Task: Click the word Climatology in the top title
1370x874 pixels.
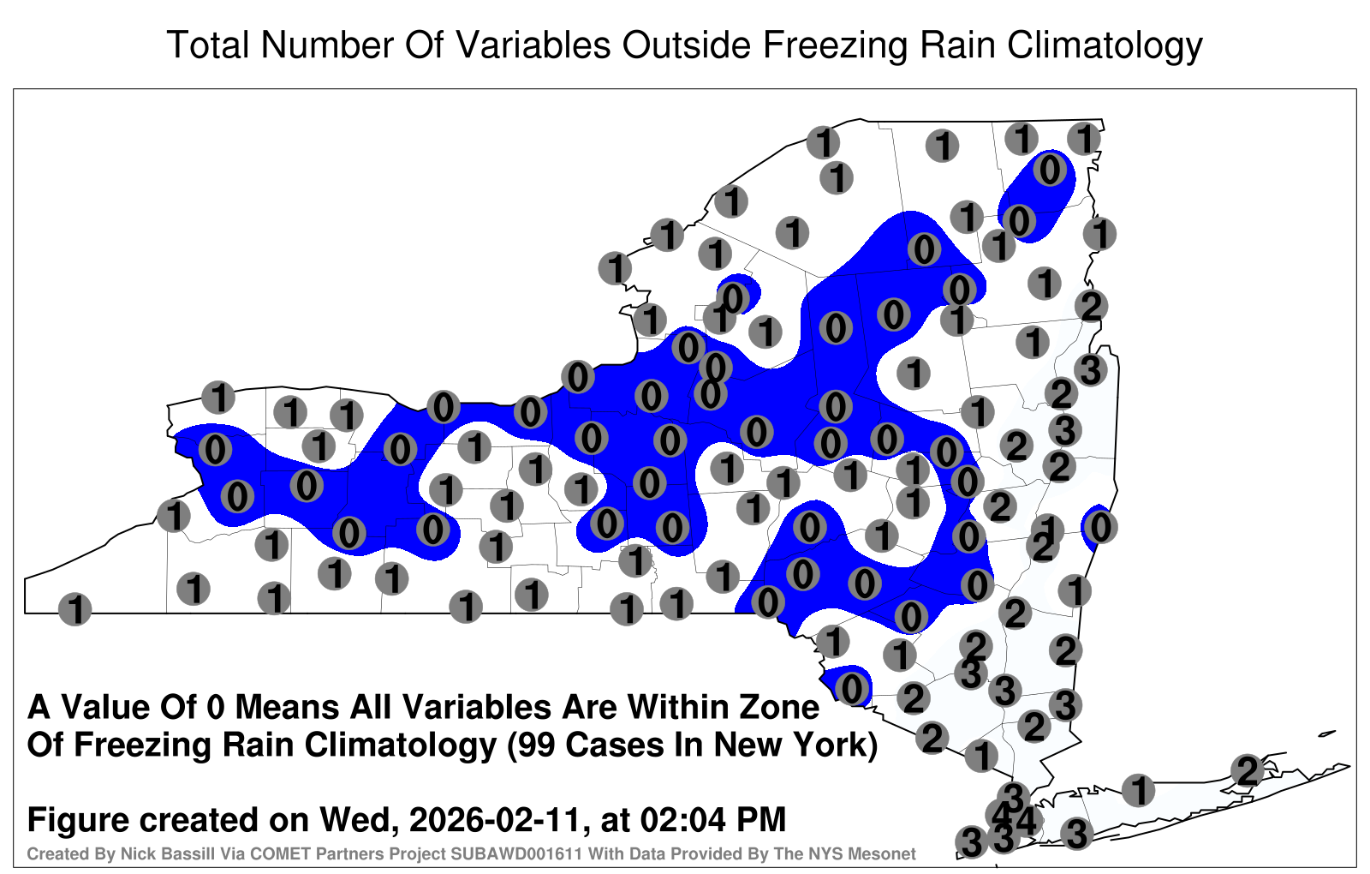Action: (x=1105, y=45)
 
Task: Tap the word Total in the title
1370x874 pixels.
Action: (x=208, y=45)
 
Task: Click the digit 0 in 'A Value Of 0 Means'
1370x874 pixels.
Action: (x=215, y=708)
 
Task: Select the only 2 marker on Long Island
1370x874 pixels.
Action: (x=1247, y=770)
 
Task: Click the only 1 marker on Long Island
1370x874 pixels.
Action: (x=1138, y=789)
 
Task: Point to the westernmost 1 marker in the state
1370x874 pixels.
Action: (x=74, y=609)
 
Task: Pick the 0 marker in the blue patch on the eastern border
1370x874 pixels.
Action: (x=1100, y=527)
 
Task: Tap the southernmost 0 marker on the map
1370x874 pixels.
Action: (x=852, y=689)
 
